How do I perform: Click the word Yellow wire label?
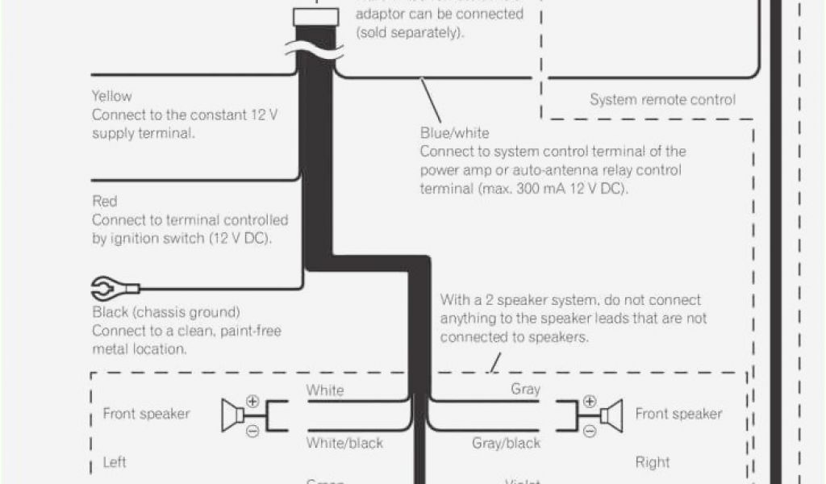coord(112,96)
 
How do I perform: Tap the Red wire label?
coord(105,201)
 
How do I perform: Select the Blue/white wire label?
coord(454,132)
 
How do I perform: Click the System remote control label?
coord(662,100)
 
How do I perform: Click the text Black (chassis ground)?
coord(166,312)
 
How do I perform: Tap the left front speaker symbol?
coord(233,415)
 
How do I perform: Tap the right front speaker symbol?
coord(610,415)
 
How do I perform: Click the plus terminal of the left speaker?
coord(252,400)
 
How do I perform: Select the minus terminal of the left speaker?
coord(252,432)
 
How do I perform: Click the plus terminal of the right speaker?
coord(590,400)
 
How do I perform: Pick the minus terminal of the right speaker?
coord(590,432)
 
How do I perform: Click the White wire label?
coord(324,390)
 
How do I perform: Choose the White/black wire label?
coord(344,443)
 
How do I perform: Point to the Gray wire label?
coord(525,390)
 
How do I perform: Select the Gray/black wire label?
coord(506,443)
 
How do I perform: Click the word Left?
coord(115,463)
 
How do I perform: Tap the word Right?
coord(652,463)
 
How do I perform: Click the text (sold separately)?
coord(411,34)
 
